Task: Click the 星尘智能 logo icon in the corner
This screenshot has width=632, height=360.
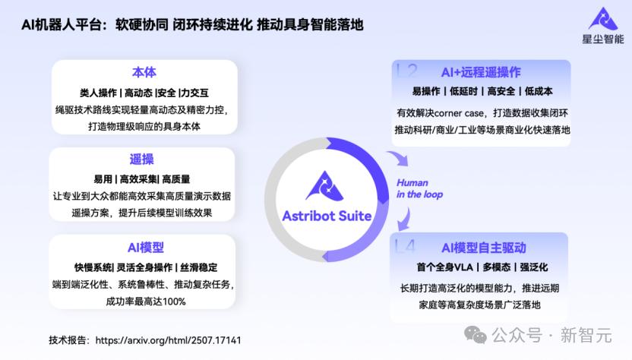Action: tap(603, 19)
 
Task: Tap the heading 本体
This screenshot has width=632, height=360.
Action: tap(144, 73)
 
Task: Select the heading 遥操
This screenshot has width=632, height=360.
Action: tap(141, 159)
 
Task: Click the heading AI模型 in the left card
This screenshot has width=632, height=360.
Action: tap(146, 247)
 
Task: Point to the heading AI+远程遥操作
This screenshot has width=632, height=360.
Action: tap(481, 72)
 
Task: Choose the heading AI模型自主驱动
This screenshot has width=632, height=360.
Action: tap(484, 248)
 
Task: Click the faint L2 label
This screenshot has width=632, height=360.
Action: tap(406, 71)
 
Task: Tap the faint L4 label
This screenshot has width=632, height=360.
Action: tap(405, 245)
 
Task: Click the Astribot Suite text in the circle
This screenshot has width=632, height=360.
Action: tap(327, 216)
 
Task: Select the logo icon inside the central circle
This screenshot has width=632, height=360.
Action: tap(325, 186)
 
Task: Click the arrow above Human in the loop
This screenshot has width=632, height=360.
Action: tap(399, 158)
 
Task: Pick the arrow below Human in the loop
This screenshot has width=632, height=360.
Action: tap(404, 219)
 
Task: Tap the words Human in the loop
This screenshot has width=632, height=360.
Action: tap(419, 188)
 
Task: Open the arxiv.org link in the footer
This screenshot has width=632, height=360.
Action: tap(168, 340)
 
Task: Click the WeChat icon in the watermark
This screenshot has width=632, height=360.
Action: tap(476, 335)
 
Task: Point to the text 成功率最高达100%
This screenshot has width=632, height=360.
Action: tap(146, 302)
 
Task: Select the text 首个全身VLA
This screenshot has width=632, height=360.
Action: tap(444, 267)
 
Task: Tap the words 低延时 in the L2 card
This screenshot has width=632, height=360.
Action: tap(463, 91)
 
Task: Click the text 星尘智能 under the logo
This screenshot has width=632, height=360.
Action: tap(603, 39)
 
